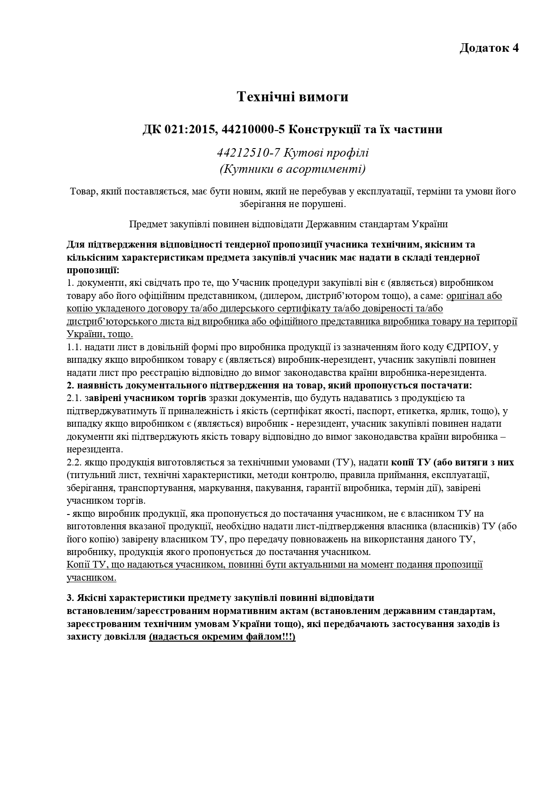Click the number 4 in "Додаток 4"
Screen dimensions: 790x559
[515, 48]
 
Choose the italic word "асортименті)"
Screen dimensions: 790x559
[334, 169]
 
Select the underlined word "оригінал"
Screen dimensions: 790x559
[467, 296]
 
